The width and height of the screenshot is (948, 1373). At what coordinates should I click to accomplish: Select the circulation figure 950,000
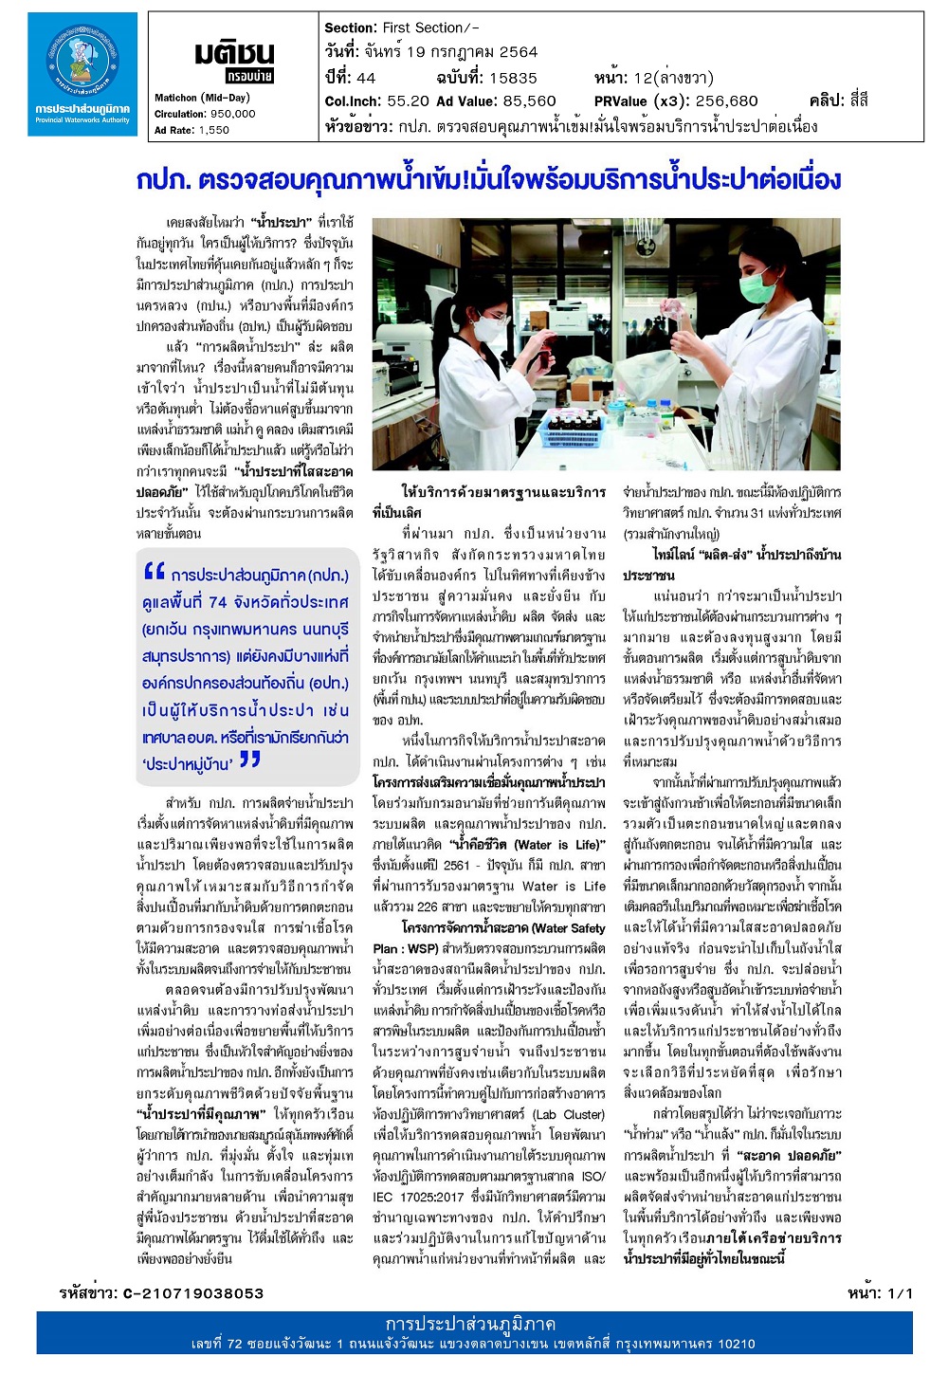232,114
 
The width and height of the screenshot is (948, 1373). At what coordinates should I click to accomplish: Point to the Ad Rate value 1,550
214,131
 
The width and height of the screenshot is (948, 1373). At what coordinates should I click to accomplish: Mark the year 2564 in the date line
518,52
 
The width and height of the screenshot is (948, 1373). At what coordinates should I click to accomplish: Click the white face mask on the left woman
490,328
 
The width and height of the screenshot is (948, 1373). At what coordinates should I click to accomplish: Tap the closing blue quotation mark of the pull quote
249,759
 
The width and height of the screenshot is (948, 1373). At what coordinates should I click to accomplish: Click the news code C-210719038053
193,1293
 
